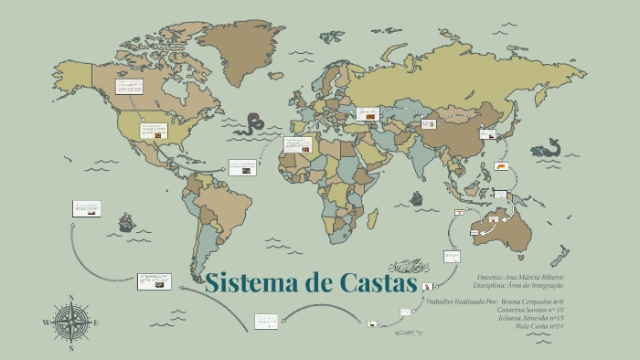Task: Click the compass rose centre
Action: point(70,323)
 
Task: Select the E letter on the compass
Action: point(96,323)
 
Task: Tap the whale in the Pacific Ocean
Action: point(548,147)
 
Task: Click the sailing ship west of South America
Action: point(125,221)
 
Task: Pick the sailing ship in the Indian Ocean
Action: point(417,198)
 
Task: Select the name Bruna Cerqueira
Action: point(534,302)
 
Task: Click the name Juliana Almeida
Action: point(538,318)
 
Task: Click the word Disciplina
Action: point(492,285)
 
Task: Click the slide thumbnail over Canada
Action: point(129,87)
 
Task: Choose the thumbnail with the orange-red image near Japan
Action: point(504,167)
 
